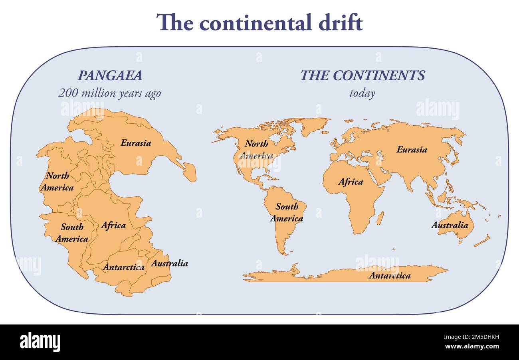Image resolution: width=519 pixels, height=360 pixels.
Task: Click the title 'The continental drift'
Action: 259,22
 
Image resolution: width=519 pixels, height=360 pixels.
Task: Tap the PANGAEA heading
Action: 109,75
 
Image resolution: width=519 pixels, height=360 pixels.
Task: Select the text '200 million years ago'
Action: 109,93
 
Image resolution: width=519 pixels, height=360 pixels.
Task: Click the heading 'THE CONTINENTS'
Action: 363,75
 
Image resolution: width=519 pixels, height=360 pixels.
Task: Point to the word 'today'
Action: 362,94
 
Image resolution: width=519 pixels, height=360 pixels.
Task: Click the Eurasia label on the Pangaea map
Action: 136,142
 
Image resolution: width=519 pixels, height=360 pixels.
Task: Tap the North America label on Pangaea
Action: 57,182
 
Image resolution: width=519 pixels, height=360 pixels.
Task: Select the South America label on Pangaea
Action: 72,233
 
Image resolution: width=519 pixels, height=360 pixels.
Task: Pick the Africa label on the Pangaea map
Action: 113,225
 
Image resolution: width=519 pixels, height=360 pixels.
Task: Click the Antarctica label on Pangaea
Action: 124,267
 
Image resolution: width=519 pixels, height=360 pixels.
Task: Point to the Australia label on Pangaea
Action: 169,263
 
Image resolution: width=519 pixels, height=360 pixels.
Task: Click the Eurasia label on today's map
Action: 412,150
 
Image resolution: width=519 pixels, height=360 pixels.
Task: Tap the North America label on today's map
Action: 256,149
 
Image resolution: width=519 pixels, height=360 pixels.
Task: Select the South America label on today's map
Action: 287,212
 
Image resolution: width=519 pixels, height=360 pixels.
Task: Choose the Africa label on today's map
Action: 351,182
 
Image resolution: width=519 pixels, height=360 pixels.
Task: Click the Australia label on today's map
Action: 450,225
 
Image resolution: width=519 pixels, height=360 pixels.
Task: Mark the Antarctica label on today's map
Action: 389,275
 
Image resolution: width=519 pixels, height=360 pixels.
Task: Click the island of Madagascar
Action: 380,218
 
